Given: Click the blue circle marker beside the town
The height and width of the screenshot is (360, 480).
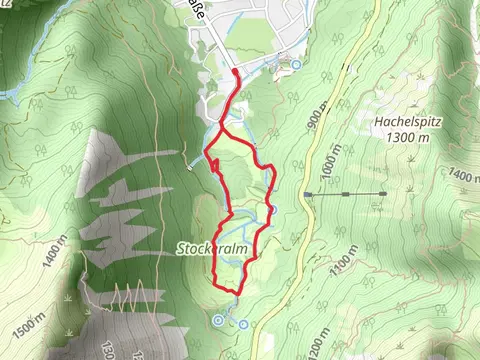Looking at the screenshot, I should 296,65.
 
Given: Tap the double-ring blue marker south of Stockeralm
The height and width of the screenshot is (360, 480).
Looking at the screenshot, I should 219,320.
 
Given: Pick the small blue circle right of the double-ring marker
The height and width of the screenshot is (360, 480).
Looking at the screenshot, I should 243,324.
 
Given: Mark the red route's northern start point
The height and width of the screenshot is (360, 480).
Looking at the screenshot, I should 235,72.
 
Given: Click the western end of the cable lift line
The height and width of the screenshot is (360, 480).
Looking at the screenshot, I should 307,194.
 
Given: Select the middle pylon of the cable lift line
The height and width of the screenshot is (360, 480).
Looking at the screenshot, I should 345,193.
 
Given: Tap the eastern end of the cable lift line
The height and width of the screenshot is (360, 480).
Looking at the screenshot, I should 385,193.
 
